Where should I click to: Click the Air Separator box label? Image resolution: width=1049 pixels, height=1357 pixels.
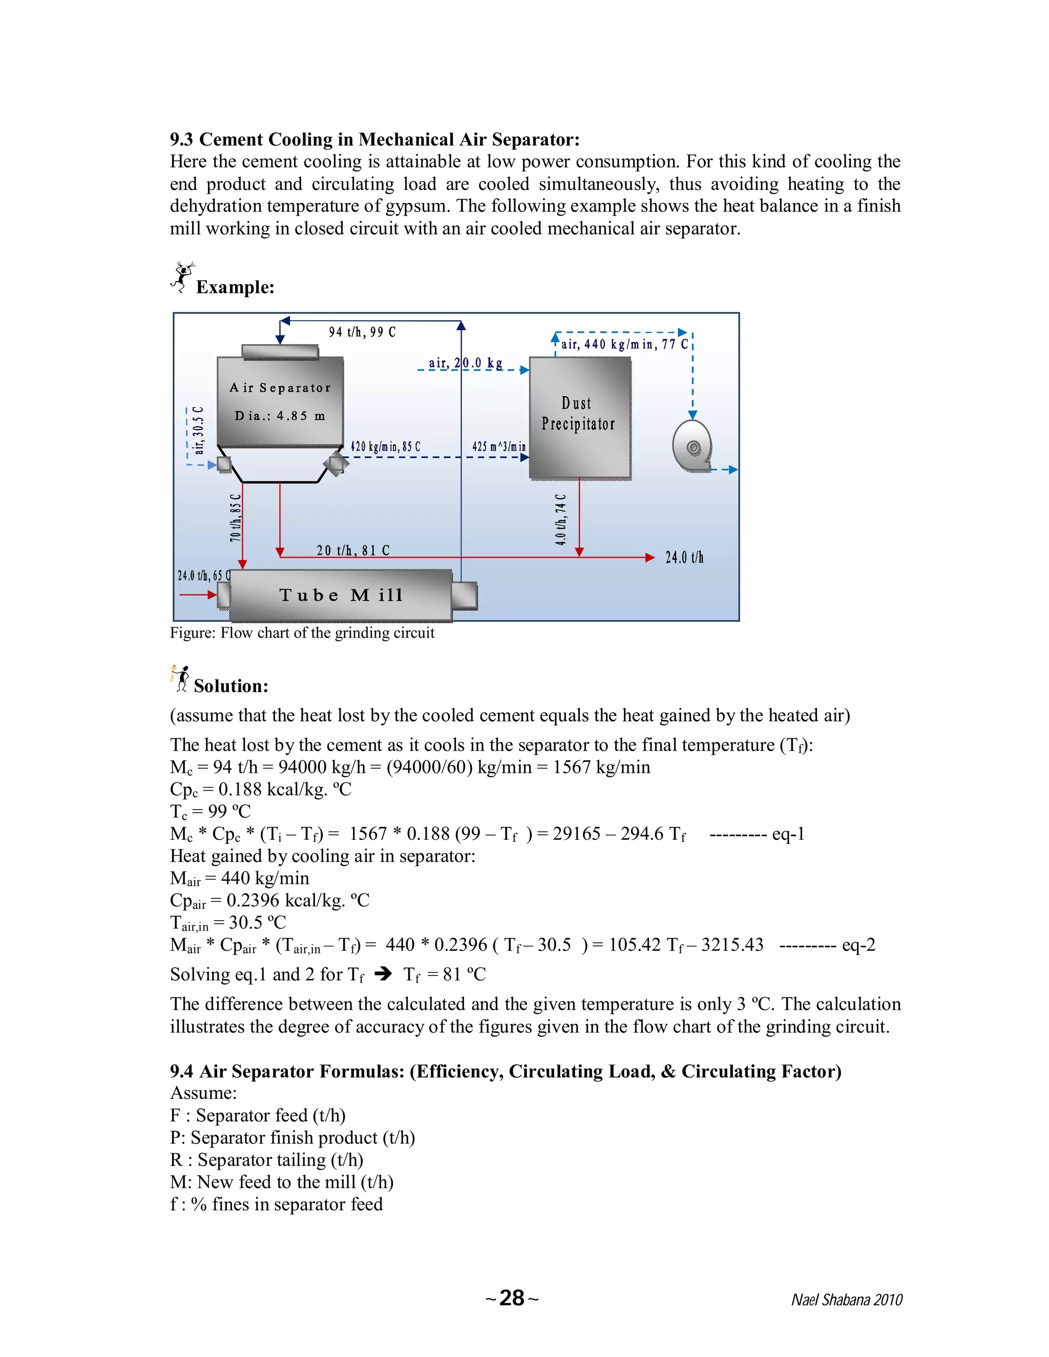point(280,388)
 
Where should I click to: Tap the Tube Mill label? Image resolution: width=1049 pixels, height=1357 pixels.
point(341,595)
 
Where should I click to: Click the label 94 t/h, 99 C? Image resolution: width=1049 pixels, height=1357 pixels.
point(362,332)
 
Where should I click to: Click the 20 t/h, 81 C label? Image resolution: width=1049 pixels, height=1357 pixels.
point(353,550)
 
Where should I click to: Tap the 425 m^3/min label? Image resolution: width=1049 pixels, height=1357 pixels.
point(498,447)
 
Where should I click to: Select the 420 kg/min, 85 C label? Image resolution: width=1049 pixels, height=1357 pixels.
point(385,447)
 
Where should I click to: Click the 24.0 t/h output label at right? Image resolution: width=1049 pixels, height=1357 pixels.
point(684,557)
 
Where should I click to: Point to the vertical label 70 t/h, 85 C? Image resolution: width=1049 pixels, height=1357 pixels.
point(235,518)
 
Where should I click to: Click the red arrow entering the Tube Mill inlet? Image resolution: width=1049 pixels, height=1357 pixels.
point(197,595)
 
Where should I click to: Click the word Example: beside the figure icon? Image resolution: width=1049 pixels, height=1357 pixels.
point(235,287)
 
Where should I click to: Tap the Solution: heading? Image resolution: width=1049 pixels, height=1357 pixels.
point(230,686)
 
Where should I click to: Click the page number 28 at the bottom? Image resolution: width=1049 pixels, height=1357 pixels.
point(512,1298)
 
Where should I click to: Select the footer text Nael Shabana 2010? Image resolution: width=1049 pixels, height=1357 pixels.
point(846,1300)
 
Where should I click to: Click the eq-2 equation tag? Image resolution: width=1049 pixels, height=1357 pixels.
point(858,945)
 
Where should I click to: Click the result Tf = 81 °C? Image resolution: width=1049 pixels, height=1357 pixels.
point(444,974)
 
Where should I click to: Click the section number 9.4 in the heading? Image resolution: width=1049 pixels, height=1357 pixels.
point(181,1071)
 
